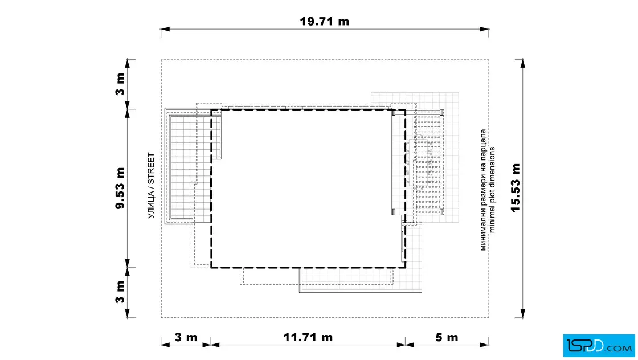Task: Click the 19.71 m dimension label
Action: tap(324, 21)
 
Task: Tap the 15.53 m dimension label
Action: tap(516, 187)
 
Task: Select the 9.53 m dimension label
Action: tap(120, 187)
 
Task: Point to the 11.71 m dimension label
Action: tap(308, 337)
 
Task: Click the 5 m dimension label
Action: tap(447, 337)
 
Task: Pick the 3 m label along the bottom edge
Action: tap(186, 337)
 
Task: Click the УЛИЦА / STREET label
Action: tap(151, 186)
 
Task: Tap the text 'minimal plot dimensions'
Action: tap(492, 190)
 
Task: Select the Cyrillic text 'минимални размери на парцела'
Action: tap(484, 190)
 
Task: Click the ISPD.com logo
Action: tap(599, 345)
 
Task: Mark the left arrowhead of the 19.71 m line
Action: tap(165, 29)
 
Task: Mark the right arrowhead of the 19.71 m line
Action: tap(484, 29)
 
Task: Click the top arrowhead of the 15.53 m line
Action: tap(522, 63)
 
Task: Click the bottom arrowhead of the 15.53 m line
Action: tap(522, 313)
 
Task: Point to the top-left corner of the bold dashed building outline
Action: tap(211, 109)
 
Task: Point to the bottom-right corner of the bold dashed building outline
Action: tap(405, 268)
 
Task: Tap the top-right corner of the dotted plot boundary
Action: tap(489, 60)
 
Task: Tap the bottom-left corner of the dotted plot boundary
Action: tap(161, 317)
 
